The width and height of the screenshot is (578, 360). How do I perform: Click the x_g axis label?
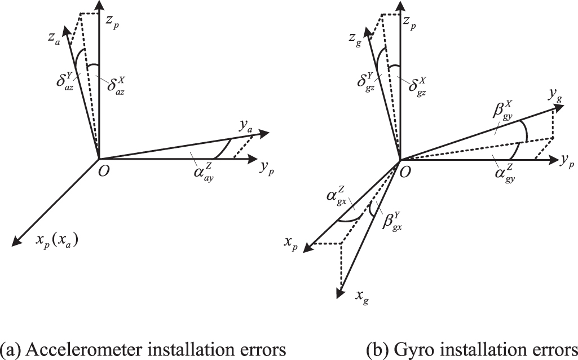(360, 295)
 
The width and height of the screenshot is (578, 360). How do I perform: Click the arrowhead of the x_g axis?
(341, 293)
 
